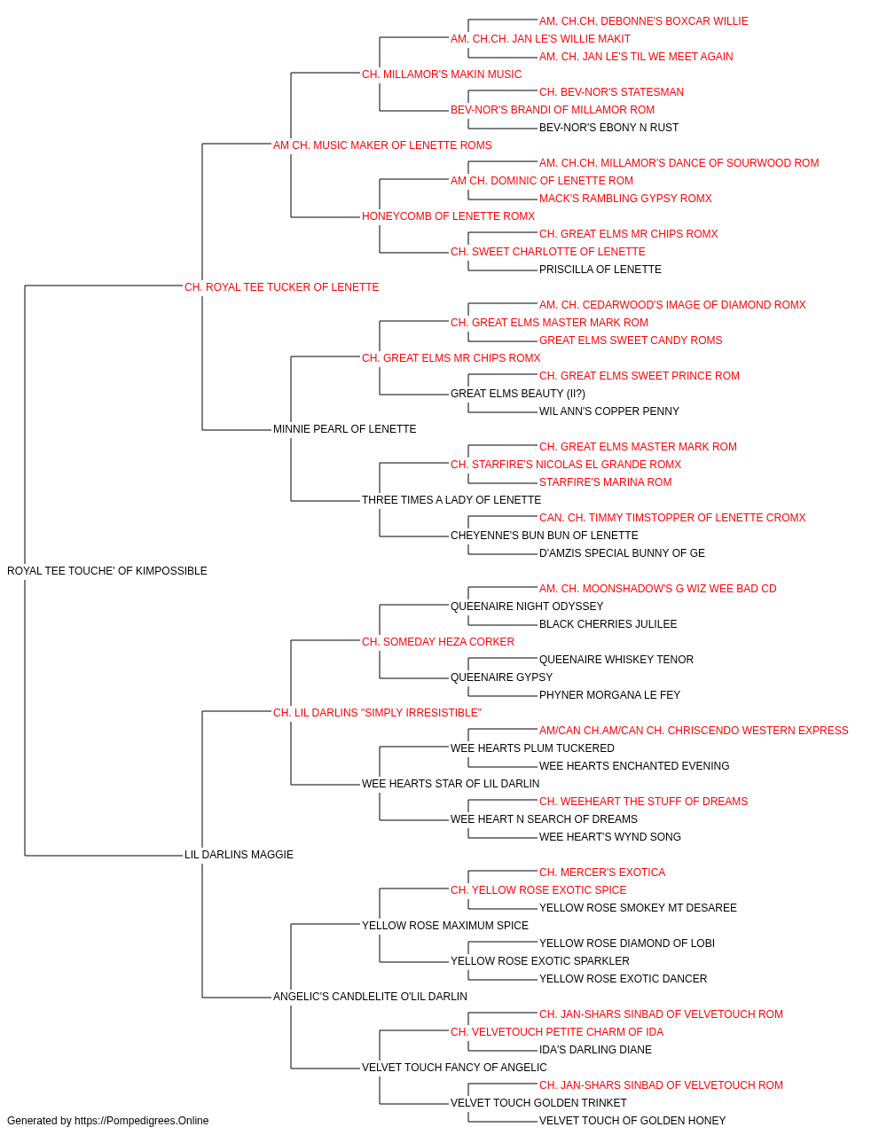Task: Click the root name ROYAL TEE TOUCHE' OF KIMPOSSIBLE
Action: pos(107,571)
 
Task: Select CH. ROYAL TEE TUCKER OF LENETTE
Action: pos(281,287)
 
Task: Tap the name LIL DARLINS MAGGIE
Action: pos(239,855)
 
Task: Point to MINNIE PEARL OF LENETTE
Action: pos(345,429)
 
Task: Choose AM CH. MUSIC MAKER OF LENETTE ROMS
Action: pos(382,145)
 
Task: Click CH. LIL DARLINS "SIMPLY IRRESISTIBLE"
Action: pos(377,713)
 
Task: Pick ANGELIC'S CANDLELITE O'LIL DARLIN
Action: pos(371,997)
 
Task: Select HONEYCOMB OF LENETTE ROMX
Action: pos(448,216)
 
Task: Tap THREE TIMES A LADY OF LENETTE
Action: pos(451,500)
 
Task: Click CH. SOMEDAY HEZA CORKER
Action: pos(438,642)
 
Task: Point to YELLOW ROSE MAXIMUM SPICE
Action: pos(445,926)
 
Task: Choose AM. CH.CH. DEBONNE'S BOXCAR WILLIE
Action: pos(644,21)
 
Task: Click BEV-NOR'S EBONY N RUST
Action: pos(609,128)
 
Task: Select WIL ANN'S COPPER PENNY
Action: pos(609,411)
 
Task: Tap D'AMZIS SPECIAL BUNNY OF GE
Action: pos(622,553)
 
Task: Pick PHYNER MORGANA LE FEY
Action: pos(609,695)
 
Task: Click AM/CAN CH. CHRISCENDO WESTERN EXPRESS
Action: pos(726,731)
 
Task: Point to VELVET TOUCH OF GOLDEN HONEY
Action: pos(632,1121)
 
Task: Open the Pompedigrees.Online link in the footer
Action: pos(142,1121)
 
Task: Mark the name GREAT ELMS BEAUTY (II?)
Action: pos(518,394)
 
